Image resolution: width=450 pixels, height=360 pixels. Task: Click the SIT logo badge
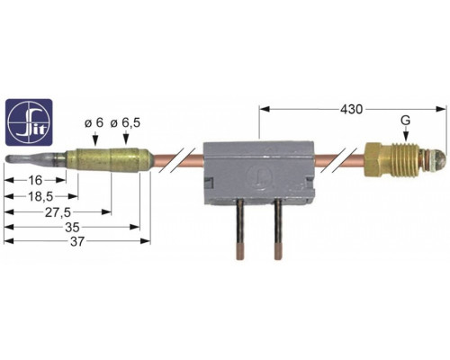[x=29, y=123]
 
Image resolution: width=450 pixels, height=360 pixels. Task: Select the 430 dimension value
[x=351, y=110]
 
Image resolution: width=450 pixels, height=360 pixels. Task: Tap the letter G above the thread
[x=405, y=121]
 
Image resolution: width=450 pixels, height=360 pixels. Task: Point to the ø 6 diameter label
[x=94, y=122]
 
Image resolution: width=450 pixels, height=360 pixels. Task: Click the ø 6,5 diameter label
[x=125, y=123]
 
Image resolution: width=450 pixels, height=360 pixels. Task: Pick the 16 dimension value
[x=35, y=180]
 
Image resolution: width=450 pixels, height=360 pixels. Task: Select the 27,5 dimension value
[x=58, y=212]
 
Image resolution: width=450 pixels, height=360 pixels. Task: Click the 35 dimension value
[x=73, y=228]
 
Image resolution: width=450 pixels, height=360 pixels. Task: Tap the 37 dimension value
[x=77, y=241]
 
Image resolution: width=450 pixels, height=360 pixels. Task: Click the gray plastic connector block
[x=259, y=173]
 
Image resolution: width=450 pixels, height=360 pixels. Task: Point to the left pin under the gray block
[x=240, y=230]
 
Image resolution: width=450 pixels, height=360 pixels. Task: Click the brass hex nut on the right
[x=374, y=160]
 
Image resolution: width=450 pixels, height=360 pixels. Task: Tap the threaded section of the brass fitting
[x=402, y=158]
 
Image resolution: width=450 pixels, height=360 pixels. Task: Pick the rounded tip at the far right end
[x=436, y=157]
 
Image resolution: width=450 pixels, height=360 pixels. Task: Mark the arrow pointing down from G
[x=405, y=134]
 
